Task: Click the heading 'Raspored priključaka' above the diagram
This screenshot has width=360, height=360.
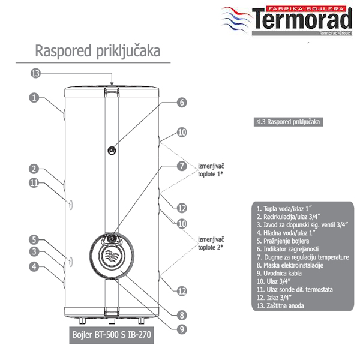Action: click(x=97, y=50)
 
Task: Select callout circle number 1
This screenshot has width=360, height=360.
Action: click(x=35, y=97)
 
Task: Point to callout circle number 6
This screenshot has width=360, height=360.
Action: click(x=181, y=102)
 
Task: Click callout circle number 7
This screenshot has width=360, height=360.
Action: click(x=181, y=167)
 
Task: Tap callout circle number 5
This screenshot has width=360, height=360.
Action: click(x=35, y=239)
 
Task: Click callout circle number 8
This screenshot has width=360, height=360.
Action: click(x=181, y=313)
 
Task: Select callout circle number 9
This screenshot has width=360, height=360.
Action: click(x=181, y=328)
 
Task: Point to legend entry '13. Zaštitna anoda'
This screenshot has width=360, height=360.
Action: click(x=280, y=305)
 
